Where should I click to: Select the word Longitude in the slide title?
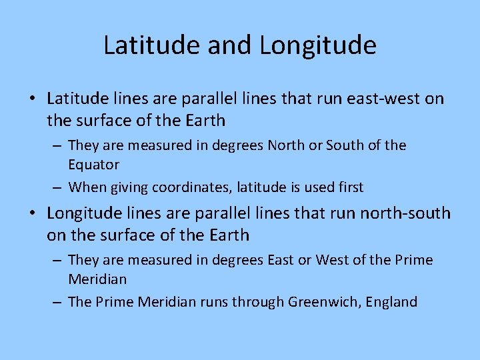[x=317, y=45]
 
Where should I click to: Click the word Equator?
[x=93, y=165]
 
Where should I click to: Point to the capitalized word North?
[x=286, y=145]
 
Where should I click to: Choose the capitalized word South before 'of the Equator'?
[x=347, y=145]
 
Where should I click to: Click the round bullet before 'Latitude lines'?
[x=33, y=99]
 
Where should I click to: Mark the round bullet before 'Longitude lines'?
[x=33, y=214]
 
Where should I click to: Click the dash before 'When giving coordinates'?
[x=58, y=187]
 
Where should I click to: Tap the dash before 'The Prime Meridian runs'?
[x=58, y=302]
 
